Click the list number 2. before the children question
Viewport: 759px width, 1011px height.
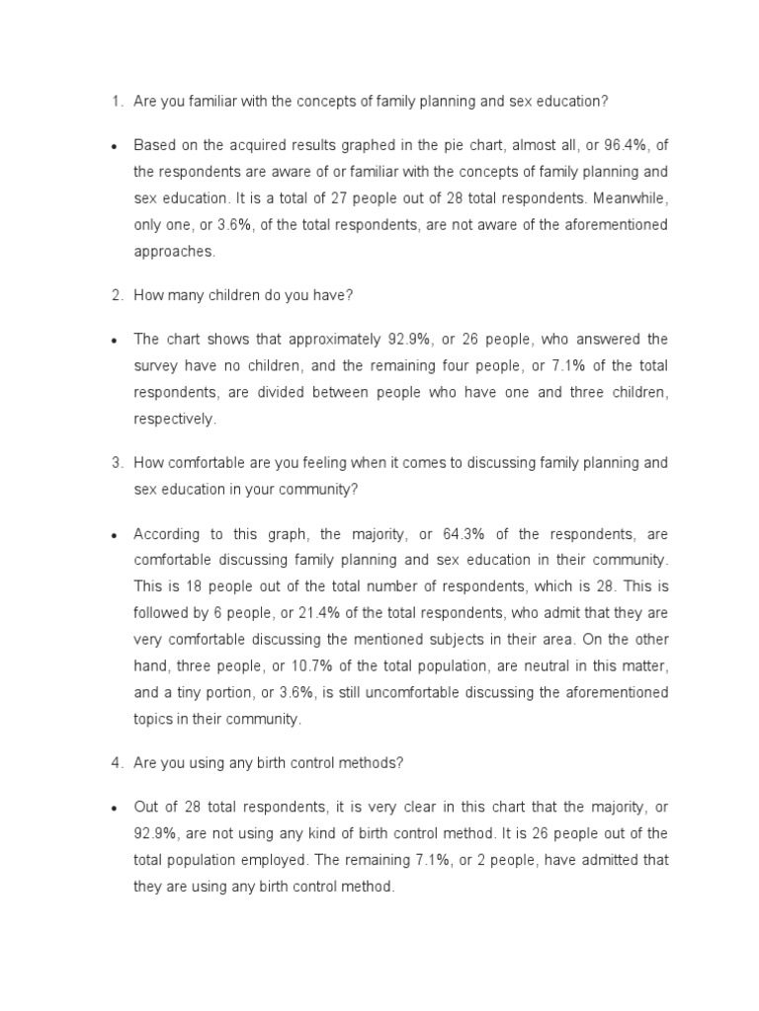pos(116,294)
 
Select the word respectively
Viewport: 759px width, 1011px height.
pos(174,419)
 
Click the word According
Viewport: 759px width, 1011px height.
pos(167,534)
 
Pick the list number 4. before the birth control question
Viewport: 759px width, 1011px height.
pos(116,761)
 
